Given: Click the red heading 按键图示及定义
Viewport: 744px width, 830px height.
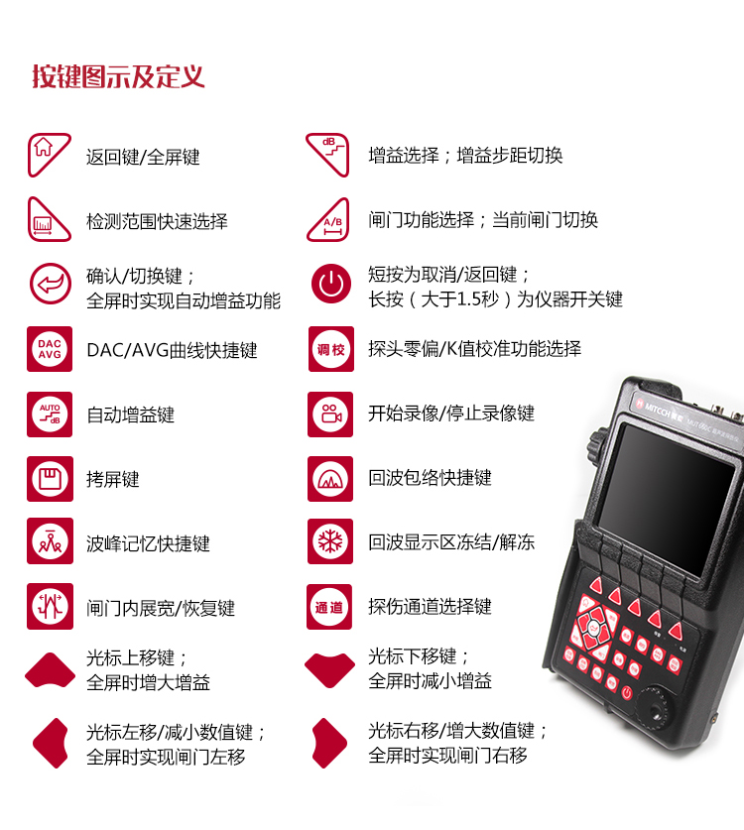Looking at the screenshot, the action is point(118,76).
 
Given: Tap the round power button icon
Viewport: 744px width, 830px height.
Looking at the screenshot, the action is point(331,284).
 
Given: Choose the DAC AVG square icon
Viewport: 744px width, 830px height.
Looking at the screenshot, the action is point(50,349).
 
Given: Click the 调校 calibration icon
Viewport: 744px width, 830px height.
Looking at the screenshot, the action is point(331,349).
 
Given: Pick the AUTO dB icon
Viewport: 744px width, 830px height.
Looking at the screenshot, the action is point(50,415).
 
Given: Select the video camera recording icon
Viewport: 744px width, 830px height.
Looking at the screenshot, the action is point(330,415).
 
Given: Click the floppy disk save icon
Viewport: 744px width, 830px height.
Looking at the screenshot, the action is point(50,479).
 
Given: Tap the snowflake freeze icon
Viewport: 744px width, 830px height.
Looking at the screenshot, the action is point(330,541).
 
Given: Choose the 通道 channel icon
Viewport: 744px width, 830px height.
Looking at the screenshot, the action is point(329,607).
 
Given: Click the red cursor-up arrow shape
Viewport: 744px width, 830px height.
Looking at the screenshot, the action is point(51,668).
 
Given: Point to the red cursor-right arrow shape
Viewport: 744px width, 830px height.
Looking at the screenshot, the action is point(330,743).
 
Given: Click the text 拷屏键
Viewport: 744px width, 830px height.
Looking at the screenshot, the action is point(113,480).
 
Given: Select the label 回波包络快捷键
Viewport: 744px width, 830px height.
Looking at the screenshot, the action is point(430,478).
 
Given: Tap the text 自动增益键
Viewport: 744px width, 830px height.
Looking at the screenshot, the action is point(131,415).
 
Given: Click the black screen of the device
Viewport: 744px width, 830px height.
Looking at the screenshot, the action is point(667,499).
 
